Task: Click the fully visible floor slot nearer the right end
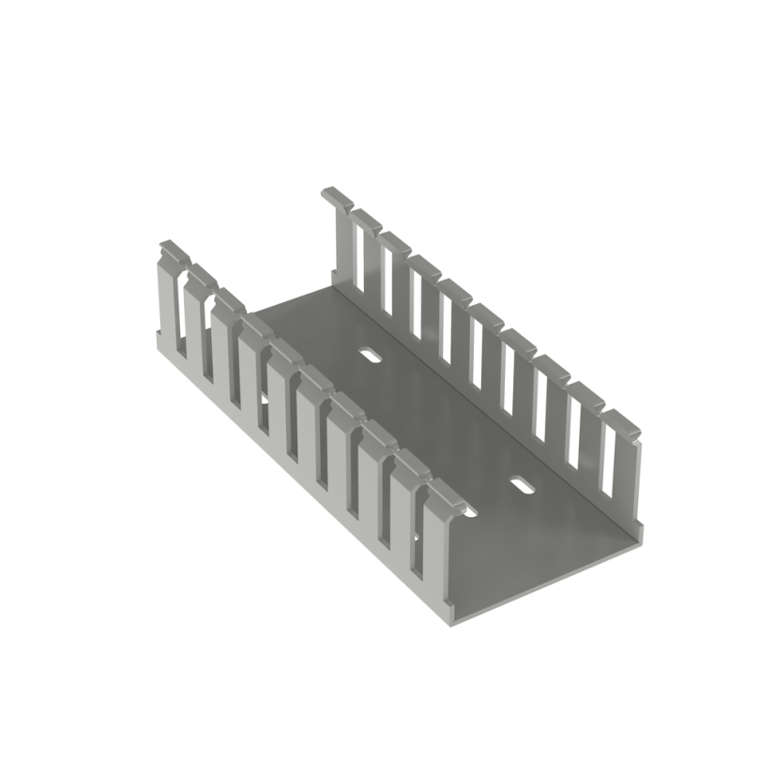(x=522, y=486)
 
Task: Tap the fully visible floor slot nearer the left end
(x=370, y=356)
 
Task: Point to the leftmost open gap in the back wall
(x=358, y=253)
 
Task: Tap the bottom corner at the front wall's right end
(x=448, y=621)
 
